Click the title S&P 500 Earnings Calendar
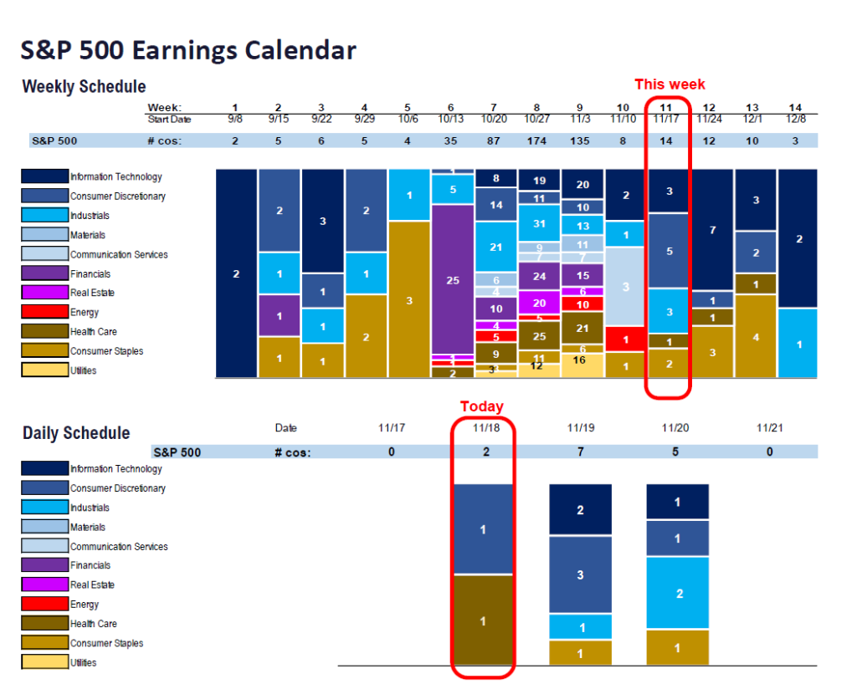tap(188, 50)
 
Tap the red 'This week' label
tap(670, 84)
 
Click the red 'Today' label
tap(482, 406)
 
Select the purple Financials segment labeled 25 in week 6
tap(453, 279)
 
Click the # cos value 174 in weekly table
tap(537, 140)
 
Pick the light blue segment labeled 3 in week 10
tap(624, 286)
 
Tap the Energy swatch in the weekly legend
tap(44, 313)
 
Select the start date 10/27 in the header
tap(537, 120)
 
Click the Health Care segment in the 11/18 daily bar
tap(483, 620)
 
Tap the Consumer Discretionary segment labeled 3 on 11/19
tap(581, 574)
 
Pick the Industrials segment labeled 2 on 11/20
tap(678, 593)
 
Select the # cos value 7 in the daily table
tap(581, 452)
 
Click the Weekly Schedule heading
tap(84, 87)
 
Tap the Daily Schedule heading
tap(76, 433)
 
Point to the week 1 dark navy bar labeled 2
tap(236, 273)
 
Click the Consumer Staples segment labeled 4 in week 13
tap(756, 336)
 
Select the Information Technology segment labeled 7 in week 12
tap(713, 229)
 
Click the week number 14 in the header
tap(796, 108)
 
